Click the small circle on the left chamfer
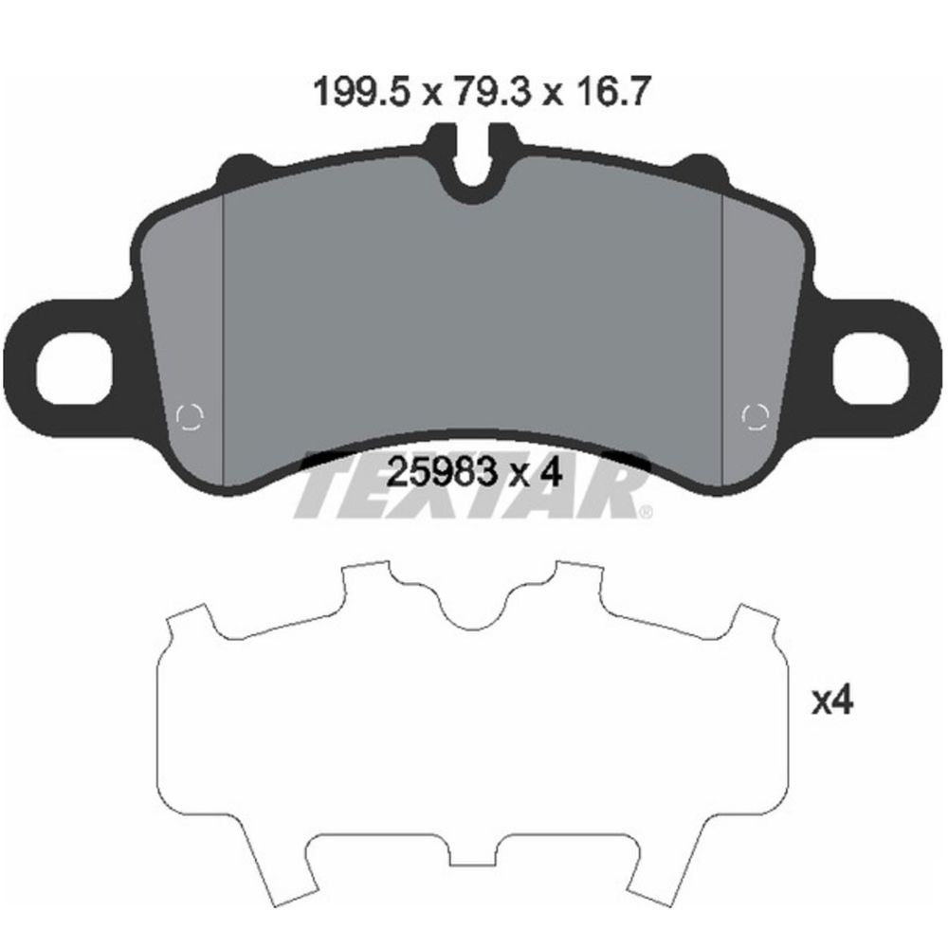click(x=190, y=416)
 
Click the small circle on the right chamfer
click(x=756, y=416)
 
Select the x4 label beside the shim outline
click(x=834, y=702)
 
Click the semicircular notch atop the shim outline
click(x=471, y=611)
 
